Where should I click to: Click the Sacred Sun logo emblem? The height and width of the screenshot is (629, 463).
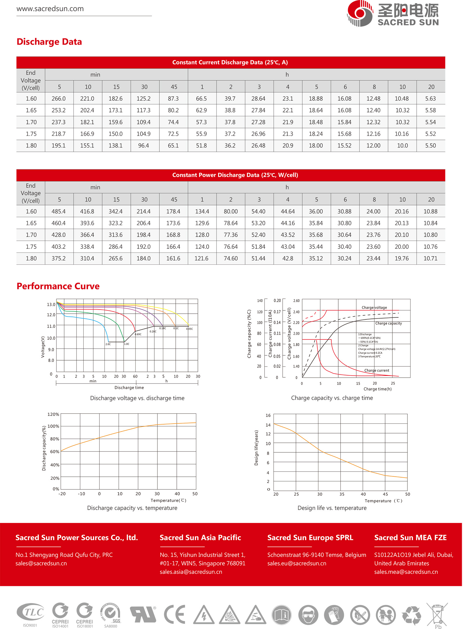(x=360, y=13)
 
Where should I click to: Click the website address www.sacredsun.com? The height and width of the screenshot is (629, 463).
(x=50, y=9)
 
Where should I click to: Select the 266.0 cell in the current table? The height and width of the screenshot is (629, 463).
(x=58, y=99)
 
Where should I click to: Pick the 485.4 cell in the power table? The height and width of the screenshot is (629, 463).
(x=58, y=212)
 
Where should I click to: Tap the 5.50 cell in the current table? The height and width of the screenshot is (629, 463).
(x=430, y=146)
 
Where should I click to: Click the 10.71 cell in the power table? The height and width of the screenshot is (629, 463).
(x=430, y=259)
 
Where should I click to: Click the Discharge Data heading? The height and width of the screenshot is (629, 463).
(x=49, y=42)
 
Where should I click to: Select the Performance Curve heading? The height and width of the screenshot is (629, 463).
(x=58, y=286)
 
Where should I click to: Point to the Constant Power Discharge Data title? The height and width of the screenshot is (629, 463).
(x=235, y=175)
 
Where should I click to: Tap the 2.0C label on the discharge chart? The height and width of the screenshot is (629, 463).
(x=108, y=344)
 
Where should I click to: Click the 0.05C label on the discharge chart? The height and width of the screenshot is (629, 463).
(x=189, y=329)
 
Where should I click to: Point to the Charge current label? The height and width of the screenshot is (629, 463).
(x=376, y=370)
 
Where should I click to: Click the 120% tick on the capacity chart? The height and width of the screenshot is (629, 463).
(x=53, y=414)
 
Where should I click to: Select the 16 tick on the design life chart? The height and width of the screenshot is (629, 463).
(x=268, y=416)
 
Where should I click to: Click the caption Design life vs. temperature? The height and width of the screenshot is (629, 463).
(x=332, y=508)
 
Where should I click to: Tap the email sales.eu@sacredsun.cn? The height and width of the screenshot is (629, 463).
(x=297, y=563)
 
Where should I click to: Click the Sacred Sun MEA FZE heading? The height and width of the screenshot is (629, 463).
(x=410, y=538)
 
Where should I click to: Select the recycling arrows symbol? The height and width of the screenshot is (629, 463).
(x=411, y=615)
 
